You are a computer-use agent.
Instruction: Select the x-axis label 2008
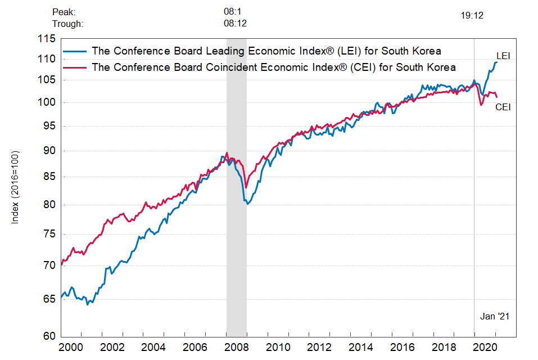[236, 346]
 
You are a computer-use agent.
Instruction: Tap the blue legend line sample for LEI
[75, 51]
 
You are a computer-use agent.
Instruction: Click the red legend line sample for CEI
[75, 67]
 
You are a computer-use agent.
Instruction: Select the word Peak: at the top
[64, 11]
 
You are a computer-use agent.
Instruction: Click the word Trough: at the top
[67, 24]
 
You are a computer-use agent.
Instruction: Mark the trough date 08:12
[235, 24]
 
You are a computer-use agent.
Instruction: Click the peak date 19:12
[472, 16]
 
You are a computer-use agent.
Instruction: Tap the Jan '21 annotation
[495, 317]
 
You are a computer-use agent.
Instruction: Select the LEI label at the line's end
[503, 56]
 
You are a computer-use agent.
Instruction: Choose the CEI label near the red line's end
[503, 107]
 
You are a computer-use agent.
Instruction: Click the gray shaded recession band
[236, 225]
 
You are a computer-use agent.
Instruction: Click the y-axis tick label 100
[48, 102]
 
